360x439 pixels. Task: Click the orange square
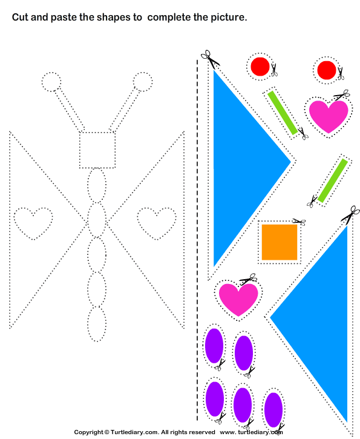point(280,242)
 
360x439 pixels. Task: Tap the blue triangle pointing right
point(241,168)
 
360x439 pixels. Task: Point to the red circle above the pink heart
point(327,70)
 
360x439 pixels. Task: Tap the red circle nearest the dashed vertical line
point(260,67)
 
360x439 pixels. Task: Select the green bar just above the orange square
point(333,180)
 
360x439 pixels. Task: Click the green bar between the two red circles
point(282,113)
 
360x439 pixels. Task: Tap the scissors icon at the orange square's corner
point(299,222)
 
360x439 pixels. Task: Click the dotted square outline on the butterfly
point(97,150)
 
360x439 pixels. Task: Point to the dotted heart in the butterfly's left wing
point(33,223)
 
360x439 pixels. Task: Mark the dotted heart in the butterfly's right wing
point(157,223)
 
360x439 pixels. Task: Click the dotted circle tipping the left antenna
point(51,82)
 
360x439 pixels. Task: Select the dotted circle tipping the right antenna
point(143,82)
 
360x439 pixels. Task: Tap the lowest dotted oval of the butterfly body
point(97,324)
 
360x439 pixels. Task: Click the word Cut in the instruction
point(20,18)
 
